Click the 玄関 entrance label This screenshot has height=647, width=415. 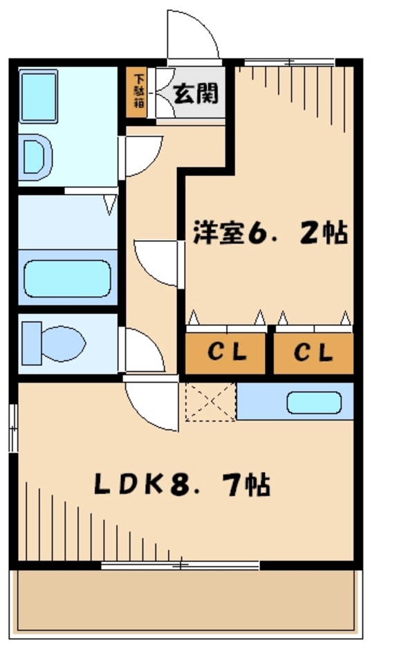[196, 93]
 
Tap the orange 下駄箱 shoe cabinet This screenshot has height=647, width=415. [136, 93]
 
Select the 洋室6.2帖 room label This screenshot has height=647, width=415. [270, 233]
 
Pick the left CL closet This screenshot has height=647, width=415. [225, 353]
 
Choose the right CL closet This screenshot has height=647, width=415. [313, 353]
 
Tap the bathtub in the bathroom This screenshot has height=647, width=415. [67, 279]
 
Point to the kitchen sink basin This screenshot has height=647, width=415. [314, 402]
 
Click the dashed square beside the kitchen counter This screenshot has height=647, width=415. [210, 402]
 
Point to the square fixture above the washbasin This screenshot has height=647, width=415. [38, 96]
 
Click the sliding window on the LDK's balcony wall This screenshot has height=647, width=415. [181, 565]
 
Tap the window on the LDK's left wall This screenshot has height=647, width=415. [14, 428]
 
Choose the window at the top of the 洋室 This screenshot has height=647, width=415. [289, 63]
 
